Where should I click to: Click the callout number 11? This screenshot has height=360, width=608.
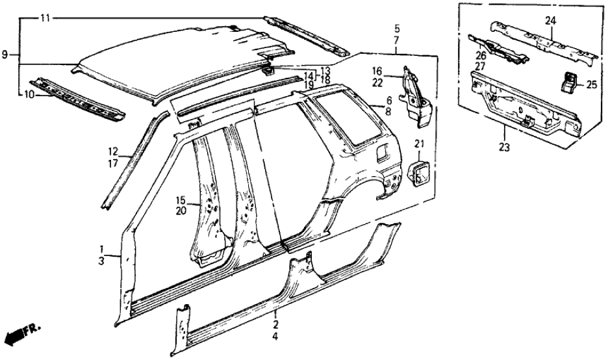(44, 18)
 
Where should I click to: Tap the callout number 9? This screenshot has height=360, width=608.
(6, 56)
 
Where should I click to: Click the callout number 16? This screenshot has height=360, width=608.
(377, 71)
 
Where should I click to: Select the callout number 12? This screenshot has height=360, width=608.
(113, 151)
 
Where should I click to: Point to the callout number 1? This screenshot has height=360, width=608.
(102, 250)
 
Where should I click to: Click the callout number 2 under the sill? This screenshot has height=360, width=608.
(276, 324)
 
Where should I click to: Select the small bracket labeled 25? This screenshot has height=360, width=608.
(568, 84)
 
